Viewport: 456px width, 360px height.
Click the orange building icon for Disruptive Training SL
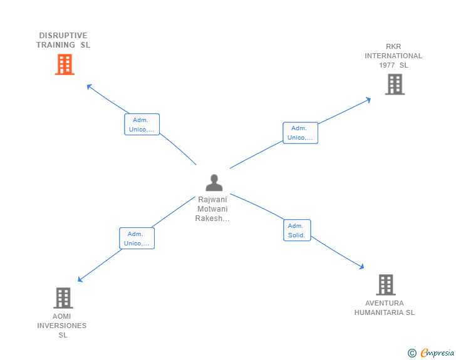[65, 64]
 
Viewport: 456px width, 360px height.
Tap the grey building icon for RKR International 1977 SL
[395, 84]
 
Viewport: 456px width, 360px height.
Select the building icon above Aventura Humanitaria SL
[386, 285]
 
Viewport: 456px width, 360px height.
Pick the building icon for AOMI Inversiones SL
[63, 298]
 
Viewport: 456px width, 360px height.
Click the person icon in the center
[214, 183]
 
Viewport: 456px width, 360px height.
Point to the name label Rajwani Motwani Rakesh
[213, 209]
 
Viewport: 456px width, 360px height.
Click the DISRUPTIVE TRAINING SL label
[63, 40]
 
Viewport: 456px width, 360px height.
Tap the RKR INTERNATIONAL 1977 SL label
[393, 56]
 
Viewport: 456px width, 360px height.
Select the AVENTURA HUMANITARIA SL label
[385, 308]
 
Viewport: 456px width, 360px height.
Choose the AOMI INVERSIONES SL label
[62, 326]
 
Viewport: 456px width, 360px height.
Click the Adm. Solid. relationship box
[297, 230]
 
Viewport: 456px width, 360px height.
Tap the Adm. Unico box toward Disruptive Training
[142, 125]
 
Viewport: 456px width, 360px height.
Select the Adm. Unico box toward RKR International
[300, 133]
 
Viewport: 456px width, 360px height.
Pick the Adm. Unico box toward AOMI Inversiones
[137, 239]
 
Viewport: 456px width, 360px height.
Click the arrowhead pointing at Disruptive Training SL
[89, 86]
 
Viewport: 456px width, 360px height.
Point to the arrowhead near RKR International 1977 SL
[369, 99]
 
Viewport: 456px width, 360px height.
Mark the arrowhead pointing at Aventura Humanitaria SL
[361, 267]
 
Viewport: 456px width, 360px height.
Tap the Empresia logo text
[437, 352]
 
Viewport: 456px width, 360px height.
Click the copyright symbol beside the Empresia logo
[412, 353]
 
